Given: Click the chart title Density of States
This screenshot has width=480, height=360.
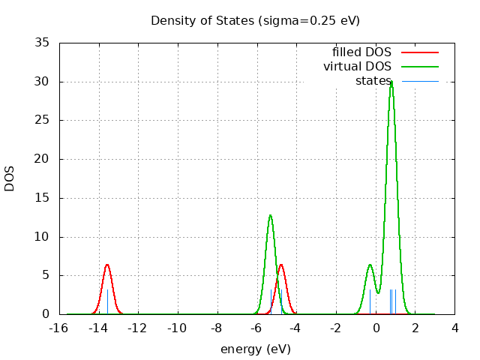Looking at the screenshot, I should click(255, 20).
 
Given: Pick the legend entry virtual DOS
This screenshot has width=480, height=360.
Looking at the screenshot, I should click(357, 67).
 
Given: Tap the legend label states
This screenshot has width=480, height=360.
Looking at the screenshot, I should click(373, 81).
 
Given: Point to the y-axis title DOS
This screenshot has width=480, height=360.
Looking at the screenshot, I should click(10, 178).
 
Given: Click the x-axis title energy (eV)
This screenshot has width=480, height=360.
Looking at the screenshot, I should click(255, 349).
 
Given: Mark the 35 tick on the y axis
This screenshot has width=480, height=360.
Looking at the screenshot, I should click(43, 43).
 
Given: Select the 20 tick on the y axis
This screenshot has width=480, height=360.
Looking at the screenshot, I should click(43, 159).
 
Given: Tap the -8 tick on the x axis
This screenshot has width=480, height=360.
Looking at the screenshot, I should click(217, 328).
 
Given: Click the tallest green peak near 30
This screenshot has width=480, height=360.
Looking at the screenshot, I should click(391, 82).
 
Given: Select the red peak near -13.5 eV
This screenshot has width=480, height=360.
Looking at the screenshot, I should click(107, 265).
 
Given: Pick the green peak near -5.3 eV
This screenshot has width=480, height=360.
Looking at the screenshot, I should click(270, 215).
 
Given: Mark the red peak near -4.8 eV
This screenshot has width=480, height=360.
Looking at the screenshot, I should click(281, 265).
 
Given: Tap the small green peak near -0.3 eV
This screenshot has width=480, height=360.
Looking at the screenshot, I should click(370, 265).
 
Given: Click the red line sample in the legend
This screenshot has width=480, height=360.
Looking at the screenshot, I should click(420, 52).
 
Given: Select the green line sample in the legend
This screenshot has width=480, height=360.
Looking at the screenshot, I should click(420, 67).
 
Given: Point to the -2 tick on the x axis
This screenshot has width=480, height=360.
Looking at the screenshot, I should click(336, 328).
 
